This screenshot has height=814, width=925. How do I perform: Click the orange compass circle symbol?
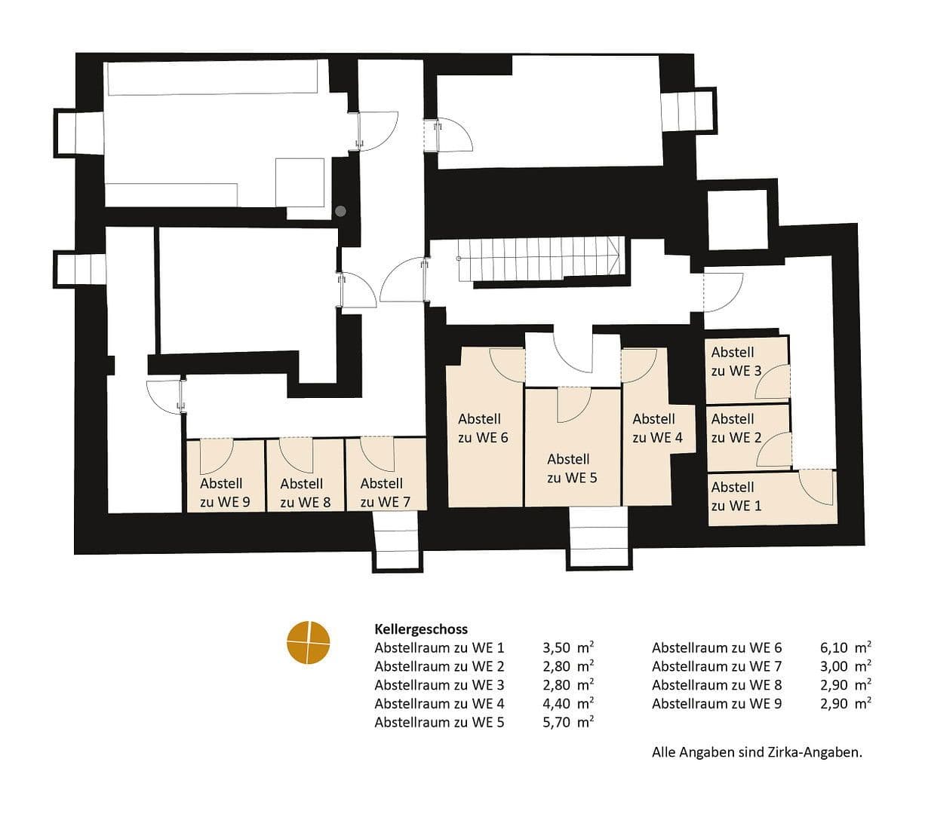[x=308, y=643]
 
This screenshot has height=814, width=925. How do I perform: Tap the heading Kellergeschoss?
[x=421, y=629]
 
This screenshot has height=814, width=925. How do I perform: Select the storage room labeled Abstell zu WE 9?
[x=226, y=475]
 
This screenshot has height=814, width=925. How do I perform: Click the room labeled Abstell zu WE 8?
[x=305, y=475]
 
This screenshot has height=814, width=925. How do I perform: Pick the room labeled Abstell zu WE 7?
[x=386, y=474]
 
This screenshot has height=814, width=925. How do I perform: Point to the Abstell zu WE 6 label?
[x=483, y=428]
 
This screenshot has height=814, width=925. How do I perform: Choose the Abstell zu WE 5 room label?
[x=572, y=468]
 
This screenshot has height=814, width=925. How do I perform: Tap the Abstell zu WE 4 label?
[x=657, y=428]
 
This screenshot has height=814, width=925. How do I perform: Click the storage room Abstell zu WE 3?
[x=748, y=370]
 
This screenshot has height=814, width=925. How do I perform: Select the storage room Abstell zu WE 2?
[x=748, y=438]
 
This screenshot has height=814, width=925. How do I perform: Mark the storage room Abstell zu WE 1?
[x=773, y=498]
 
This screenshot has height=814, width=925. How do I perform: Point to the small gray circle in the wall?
[x=340, y=211]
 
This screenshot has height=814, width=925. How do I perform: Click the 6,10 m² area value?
[x=845, y=647]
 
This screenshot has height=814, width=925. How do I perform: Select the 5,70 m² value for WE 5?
[x=568, y=722]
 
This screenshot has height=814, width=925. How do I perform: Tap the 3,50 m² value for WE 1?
[x=568, y=647]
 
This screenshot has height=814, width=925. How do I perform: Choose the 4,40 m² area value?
[x=568, y=704]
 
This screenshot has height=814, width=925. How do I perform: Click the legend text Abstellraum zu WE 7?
[x=717, y=666]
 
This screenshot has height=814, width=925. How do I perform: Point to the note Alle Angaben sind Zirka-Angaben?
[x=757, y=752]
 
